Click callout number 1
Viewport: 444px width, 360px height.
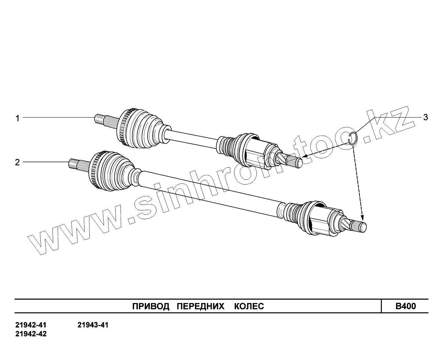click(x=18, y=118)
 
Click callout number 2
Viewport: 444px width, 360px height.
click(x=17, y=162)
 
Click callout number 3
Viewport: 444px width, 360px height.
click(x=426, y=117)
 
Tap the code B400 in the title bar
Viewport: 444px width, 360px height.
click(x=405, y=306)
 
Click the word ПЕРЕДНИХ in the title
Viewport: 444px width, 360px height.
click(x=201, y=306)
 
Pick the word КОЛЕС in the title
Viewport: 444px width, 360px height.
click(x=249, y=306)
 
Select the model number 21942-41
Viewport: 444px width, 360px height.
click(x=31, y=325)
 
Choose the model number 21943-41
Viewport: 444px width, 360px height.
click(x=93, y=325)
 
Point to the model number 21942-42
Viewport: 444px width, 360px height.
click(x=31, y=334)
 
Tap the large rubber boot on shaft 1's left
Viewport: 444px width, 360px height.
click(x=142, y=128)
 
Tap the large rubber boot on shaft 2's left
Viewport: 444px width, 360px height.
click(x=113, y=173)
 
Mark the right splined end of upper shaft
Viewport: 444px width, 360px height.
click(x=297, y=161)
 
